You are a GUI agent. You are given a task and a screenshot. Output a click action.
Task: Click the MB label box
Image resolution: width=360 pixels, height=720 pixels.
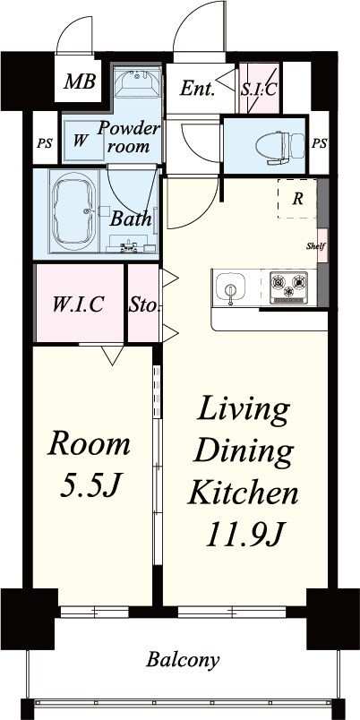click(x=79, y=81)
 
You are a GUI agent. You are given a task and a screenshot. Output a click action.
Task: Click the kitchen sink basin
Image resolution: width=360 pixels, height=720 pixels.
click(x=230, y=287)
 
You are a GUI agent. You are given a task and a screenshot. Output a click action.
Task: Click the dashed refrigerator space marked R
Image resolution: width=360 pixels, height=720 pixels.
click(x=297, y=199)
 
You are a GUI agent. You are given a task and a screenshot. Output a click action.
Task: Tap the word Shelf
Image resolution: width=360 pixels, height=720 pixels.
click(x=316, y=245)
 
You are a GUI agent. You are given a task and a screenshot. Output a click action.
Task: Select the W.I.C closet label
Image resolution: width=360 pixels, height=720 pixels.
click(x=78, y=304)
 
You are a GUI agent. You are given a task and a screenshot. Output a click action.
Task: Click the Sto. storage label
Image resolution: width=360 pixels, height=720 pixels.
click(x=144, y=304)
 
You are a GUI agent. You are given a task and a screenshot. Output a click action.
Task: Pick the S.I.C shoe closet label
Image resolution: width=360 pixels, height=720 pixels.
click(x=259, y=89)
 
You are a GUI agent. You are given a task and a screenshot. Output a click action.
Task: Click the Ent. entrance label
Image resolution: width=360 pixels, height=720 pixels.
click(x=197, y=89)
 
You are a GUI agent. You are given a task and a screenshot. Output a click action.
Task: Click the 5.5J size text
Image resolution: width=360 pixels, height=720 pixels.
click(x=90, y=487)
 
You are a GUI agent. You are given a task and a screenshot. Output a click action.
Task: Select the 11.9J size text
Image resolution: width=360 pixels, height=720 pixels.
click(x=244, y=535)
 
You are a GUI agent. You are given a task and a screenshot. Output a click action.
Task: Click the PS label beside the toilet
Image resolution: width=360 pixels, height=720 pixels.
click(x=320, y=143)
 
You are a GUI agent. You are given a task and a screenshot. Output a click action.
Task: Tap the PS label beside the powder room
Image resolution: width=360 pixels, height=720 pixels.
click(x=45, y=143)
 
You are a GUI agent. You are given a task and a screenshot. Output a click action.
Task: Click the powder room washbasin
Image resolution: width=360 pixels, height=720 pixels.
click(x=137, y=83)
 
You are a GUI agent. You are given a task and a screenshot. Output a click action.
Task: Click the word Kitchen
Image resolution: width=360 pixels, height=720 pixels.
click(x=244, y=493)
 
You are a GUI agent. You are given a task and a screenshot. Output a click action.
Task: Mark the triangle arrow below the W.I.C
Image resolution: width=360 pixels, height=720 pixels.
click(x=113, y=355)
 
